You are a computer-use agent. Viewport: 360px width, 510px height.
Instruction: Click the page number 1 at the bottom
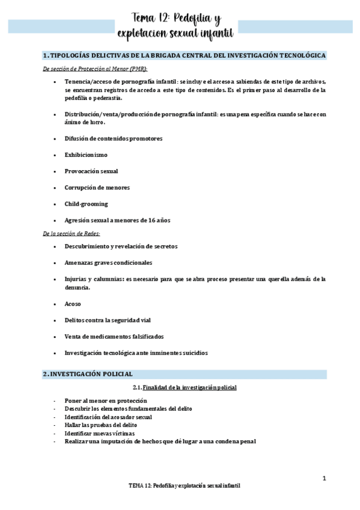325,479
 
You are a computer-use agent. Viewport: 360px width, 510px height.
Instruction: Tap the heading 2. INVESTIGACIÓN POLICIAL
88,374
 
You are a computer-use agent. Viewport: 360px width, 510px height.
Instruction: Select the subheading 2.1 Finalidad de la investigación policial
185,387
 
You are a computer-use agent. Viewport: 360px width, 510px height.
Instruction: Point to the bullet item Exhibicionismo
86,155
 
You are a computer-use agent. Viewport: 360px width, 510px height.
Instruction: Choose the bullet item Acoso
73,304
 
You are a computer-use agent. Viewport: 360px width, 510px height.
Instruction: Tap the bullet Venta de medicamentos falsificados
114,336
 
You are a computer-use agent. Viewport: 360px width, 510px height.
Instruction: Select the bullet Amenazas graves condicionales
108,262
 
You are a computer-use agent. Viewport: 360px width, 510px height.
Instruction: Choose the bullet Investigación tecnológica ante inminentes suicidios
136,353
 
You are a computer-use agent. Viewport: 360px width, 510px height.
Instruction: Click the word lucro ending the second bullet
96,123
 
